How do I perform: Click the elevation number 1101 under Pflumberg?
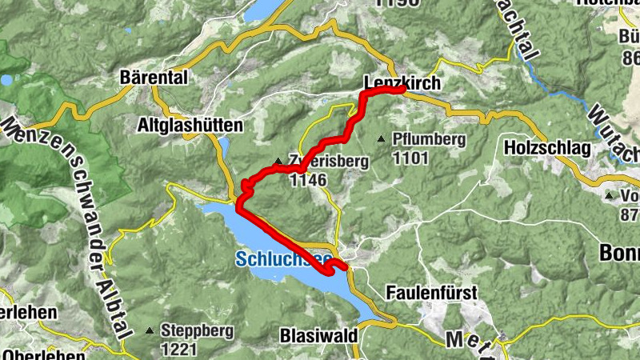(410, 158)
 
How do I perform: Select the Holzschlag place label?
(547, 148)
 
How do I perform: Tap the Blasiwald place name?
(318, 336)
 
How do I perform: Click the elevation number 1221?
(178, 349)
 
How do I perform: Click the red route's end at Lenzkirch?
(402, 90)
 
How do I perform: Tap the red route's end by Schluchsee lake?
(344, 267)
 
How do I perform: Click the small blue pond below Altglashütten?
(224, 146)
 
